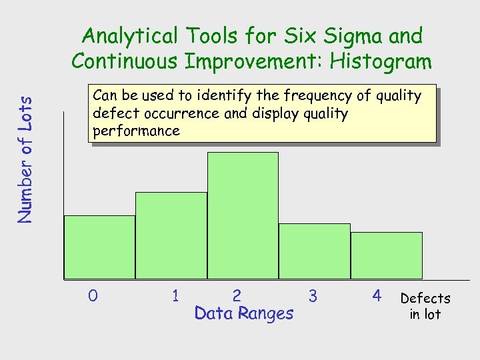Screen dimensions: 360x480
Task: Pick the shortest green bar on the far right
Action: tap(386, 255)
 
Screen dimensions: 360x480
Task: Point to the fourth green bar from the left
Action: tap(314, 251)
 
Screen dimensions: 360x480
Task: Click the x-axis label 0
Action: tap(93, 295)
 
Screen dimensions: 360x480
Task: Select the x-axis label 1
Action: tap(175, 295)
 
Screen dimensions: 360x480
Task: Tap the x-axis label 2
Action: tap(237, 295)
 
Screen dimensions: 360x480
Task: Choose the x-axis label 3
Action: tap(313, 295)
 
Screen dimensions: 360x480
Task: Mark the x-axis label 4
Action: tap(377, 295)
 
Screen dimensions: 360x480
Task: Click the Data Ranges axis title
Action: tap(243, 313)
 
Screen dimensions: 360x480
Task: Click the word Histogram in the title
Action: tap(381, 61)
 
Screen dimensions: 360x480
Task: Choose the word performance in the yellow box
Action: tap(137, 131)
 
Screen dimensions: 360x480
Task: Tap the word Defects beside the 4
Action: tap(425, 299)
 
